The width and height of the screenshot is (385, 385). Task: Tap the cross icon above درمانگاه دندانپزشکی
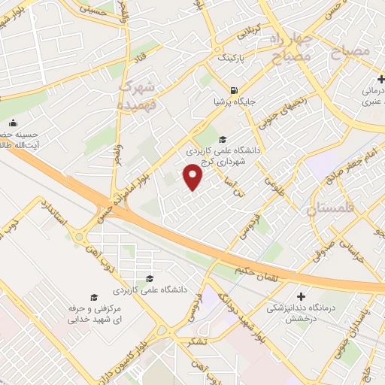302,297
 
